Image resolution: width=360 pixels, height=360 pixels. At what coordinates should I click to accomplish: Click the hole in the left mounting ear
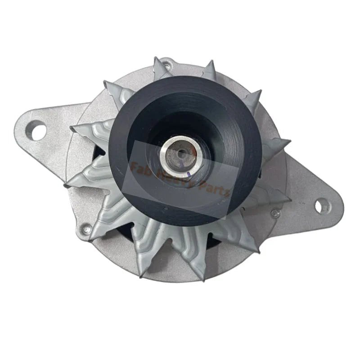tap(37, 131)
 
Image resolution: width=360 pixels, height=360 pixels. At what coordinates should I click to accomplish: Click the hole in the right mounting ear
tap(319, 206)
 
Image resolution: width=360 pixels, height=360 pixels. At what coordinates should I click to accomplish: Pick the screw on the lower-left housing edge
tap(87, 229)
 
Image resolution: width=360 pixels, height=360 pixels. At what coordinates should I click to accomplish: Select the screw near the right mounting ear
tap(274, 212)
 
